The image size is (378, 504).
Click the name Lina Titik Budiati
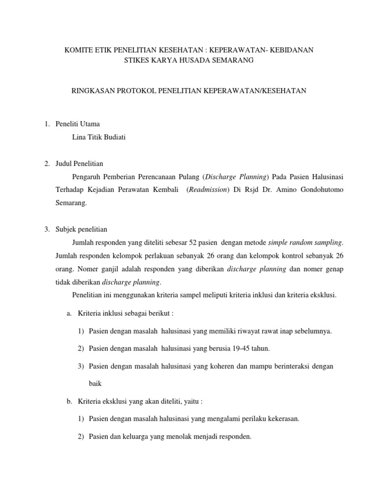98,137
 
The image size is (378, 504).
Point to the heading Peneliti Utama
79,124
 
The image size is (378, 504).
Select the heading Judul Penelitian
81,163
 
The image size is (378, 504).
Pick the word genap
334,269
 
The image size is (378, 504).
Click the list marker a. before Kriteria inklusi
69,313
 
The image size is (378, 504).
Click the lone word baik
95,383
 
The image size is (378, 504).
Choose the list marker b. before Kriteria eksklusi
69,401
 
